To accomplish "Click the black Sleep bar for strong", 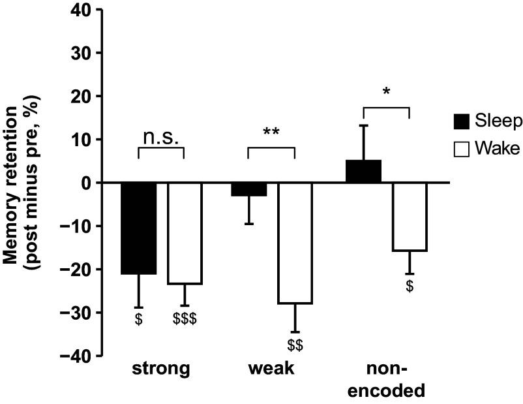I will click(x=139, y=228).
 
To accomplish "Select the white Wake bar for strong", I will click(x=185, y=233).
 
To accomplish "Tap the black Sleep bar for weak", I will click(x=248, y=189).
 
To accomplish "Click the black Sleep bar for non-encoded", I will click(x=363, y=172).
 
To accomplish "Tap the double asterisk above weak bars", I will click(x=271, y=132).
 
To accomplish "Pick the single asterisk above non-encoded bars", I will click(x=385, y=92).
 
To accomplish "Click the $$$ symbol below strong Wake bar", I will click(x=185, y=319).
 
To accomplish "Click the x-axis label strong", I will click(x=161, y=370).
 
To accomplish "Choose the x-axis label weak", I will click(x=271, y=370).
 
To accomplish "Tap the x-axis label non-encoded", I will click(x=386, y=381).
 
